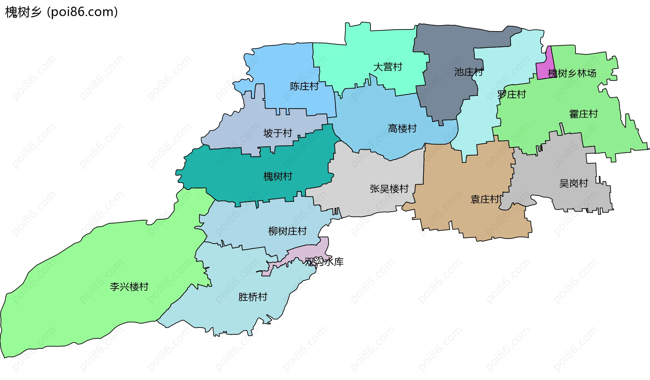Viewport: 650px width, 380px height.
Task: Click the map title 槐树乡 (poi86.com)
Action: pyautogui.click(x=62, y=12)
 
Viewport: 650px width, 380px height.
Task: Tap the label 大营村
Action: pyautogui.click(x=388, y=67)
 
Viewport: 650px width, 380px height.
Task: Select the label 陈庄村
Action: pyautogui.click(x=304, y=86)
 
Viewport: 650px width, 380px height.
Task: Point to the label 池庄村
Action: pyautogui.click(x=469, y=72)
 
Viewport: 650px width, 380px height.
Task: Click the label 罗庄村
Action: pyautogui.click(x=512, y=94)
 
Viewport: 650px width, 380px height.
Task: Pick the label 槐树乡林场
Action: pyautogui.click(x=572, y=73)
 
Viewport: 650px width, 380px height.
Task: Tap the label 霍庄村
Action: pyautogui.click(x=584, y=114)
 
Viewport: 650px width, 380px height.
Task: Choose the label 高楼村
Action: pyautogui.click(x=402, y=129)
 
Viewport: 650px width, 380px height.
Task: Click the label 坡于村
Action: pyautogui.click(x=278, y=133)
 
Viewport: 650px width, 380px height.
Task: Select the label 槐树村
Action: pyautogui.click(x=278, y=176)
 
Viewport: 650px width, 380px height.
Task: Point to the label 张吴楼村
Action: pyautogui.click(x=389, y=189)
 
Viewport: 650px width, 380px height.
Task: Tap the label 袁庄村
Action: pyautogui.click(x=485, y=199)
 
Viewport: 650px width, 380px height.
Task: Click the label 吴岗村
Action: pyautogui.click(x=573, y=184)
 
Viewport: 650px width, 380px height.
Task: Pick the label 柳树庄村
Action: pyautogui.click(x=287, y=231)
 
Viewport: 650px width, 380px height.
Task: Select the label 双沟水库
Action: pyautogui.click(x=324, y=262)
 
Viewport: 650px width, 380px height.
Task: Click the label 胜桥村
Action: pyautogui.click(x=253, y=297)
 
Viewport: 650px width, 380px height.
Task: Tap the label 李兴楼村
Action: pyautogui.click(x=129, y=287)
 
